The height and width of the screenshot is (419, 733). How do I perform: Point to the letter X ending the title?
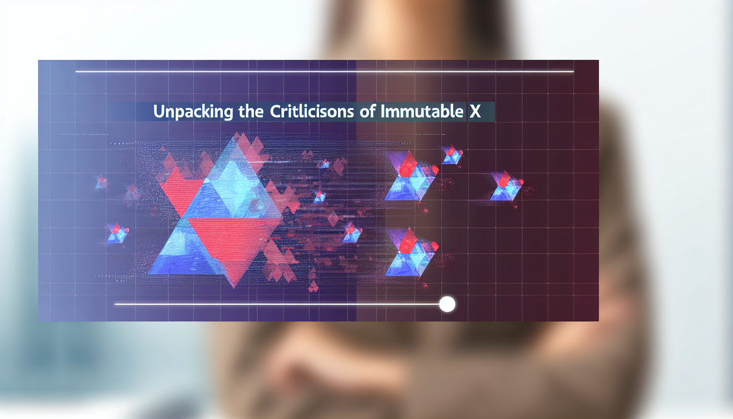click(475, 112)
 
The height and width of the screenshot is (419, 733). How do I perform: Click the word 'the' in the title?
click(251, 112)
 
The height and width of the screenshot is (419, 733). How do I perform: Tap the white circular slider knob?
click(447, 304)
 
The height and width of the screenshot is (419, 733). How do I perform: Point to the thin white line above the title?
click(325, 71)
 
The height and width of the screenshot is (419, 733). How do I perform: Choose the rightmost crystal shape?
click(506, 187)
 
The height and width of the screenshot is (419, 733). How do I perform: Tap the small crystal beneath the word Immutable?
click(452, 155)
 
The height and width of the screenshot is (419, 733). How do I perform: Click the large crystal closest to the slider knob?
click(410, 254)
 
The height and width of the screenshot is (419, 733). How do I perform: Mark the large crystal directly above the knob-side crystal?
click(410, 177)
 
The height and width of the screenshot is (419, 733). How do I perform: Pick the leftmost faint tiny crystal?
click(101, 182)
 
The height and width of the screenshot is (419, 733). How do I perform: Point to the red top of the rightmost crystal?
click(505, 179)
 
